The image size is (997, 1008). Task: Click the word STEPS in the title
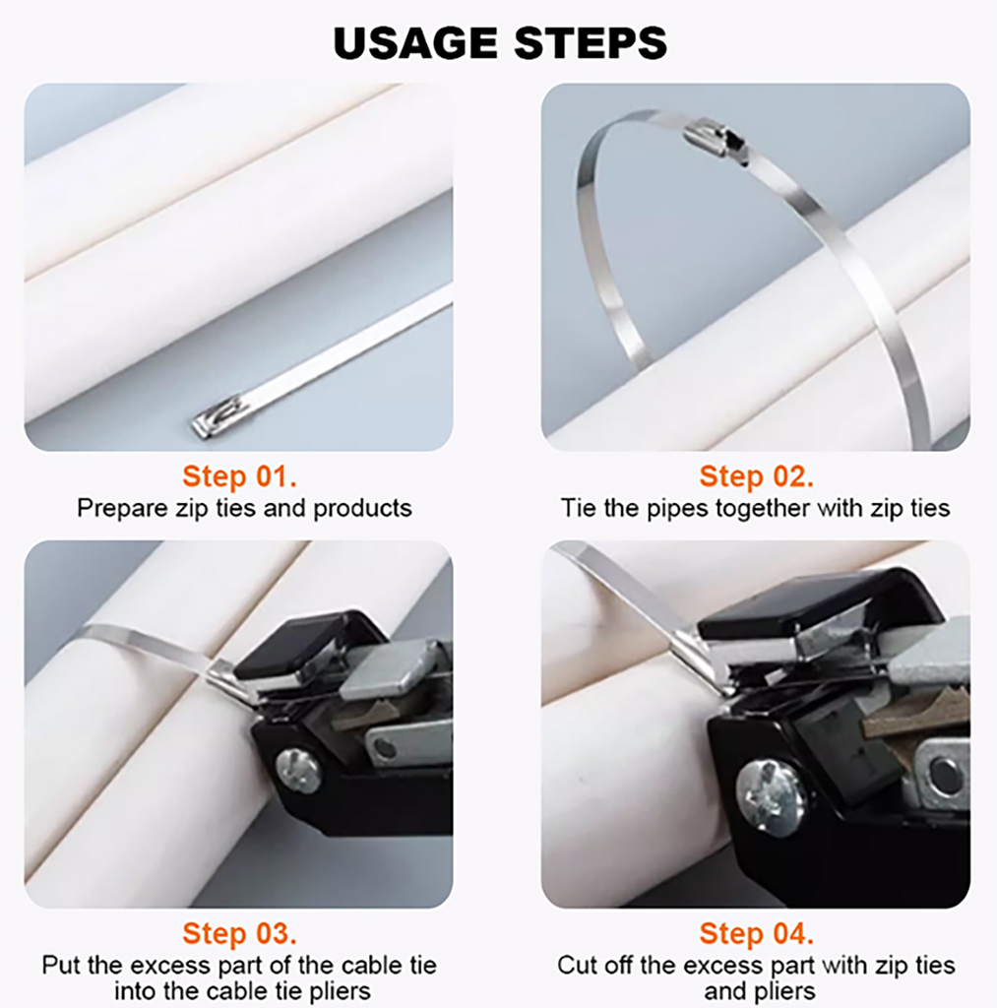click(591, 43)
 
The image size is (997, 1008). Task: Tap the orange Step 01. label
click(239, 476)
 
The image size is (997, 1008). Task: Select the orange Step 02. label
click(756, 476)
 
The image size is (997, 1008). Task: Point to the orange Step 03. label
click(239, 933)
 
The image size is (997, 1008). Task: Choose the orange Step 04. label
click(756, 933)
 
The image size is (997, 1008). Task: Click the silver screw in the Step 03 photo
click(298, 769)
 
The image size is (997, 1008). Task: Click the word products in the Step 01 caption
click(362, 509)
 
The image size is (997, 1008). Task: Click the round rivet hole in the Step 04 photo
click(942, 776)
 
